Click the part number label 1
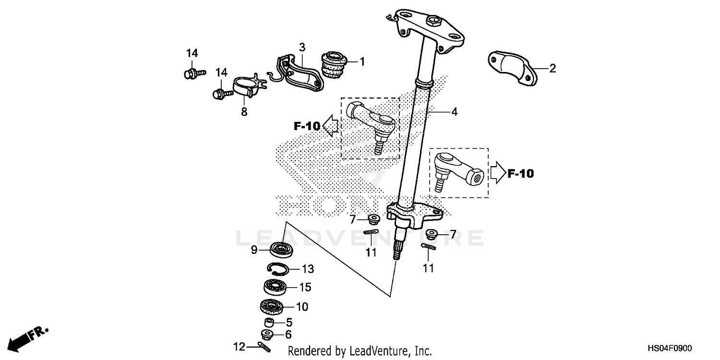pos(362,62)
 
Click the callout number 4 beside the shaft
pos(454,112)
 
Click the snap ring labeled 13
pos(277,269)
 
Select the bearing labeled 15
pos(278,287)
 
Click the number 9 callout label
pos(254,250)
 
